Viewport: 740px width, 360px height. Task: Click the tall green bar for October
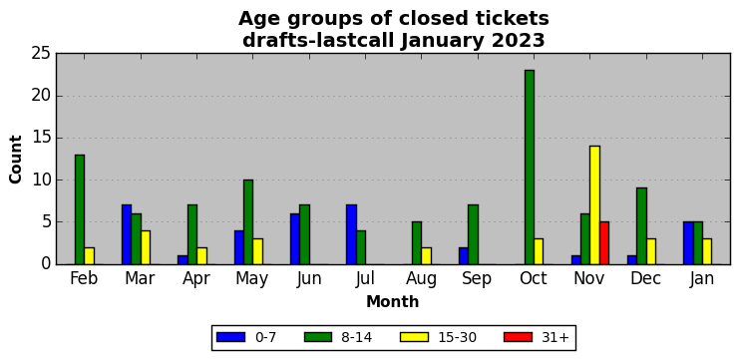pyautogui.click(x=529, y=167)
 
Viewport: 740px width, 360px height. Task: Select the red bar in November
pyautogui.click(x=604, y=243)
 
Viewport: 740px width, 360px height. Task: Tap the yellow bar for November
pyautogui.click(x=594, y=205)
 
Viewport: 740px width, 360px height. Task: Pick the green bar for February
pyautogui.click(x=80, y=209)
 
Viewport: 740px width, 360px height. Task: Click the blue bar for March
pyautogui.click(x=127, y=234)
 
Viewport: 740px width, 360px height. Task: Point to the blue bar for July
pyautogui.click(x=351, y=234)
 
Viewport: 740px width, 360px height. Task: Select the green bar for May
pyautogui.click(x=248, y=222)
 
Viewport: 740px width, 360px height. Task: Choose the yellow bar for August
pyautogui.click(x=426, y=255)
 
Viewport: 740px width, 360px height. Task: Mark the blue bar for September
pyautogui.click(x=464, y=255)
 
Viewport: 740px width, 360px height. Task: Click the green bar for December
pyautogui.click(x=641, y=226)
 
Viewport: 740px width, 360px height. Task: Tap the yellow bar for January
pyautogui.click(x=707, y=251)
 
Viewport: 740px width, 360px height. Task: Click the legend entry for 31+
pyautogui.click(x=537, y=337)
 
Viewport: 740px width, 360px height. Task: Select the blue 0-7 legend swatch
pyautogui.click(x=230, y=337)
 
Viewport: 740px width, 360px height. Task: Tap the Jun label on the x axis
pyautogui.click(x=308, y=279)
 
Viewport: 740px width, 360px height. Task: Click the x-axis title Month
pyautogui.click(x=393, y=301)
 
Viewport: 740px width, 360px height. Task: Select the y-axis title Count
pyautogui.click(x=16, y=159)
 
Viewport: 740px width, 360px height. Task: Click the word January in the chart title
pyautogui.click(x=442, y=41)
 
